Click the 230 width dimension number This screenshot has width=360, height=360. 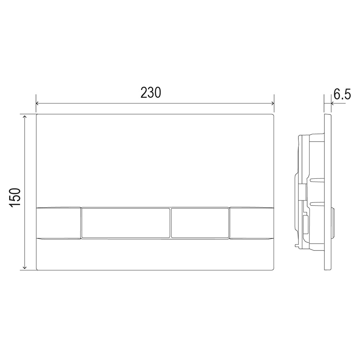[x=151, y=93]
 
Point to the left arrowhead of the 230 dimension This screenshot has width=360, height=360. [x=38, y=103]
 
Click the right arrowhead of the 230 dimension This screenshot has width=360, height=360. [x=272, y=103]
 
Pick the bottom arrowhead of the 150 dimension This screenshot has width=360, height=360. [x=25, y=268]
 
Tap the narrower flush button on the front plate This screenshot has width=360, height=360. [x=200, y=223]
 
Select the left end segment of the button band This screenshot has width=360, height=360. [x=58, y=223]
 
